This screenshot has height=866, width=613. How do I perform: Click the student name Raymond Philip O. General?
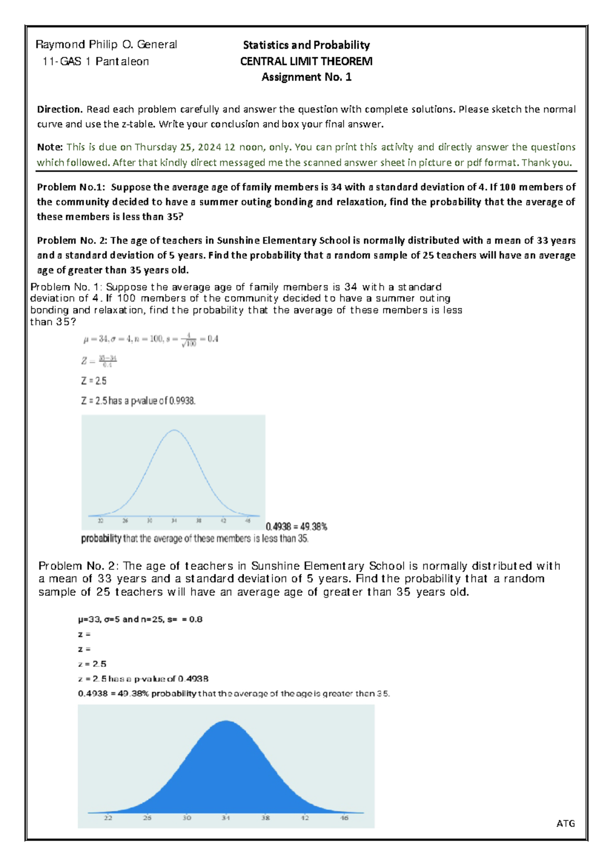(106, 45)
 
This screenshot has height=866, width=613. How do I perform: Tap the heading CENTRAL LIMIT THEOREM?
(306, 62)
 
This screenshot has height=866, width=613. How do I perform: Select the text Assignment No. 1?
(306, 78)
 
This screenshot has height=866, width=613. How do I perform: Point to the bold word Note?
(50, 147)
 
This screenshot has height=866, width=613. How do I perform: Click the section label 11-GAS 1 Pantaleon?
(96, 62)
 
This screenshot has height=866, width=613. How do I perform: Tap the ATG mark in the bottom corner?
(565, 823)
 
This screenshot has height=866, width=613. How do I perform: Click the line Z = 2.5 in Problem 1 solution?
(94, 381)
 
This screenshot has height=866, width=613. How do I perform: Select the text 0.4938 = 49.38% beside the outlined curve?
(296, 526)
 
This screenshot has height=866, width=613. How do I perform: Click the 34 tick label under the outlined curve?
(174, 521)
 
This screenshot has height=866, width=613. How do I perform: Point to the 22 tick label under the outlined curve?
(101, 521)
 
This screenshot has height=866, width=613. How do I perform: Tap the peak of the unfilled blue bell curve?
(174, 430)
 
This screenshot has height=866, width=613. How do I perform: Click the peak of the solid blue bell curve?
(226, 722)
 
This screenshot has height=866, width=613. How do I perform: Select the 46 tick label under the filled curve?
(344, 817)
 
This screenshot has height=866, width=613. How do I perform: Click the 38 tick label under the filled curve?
(265, 817)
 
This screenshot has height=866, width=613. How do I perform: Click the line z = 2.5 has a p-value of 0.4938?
(143, 679)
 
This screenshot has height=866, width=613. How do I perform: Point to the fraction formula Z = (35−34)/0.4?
(100, 361)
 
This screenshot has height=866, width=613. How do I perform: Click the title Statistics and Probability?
(306, 45)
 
